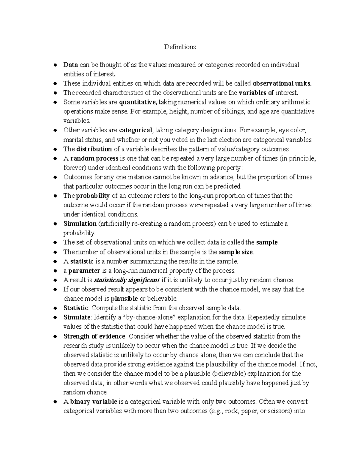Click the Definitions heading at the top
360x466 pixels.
180,47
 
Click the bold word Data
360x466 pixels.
71,65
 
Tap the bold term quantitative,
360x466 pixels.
138,102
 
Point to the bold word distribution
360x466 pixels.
94,149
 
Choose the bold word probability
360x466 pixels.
93,196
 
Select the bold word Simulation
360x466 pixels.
80,224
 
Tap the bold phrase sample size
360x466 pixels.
236,252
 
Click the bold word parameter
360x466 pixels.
84,271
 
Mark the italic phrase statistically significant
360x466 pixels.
127,280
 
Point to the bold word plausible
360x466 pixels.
124,299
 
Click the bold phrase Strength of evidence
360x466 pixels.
94,336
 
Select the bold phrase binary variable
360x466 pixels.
94,401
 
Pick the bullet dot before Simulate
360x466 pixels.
55,317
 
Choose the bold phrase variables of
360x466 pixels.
256,93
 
